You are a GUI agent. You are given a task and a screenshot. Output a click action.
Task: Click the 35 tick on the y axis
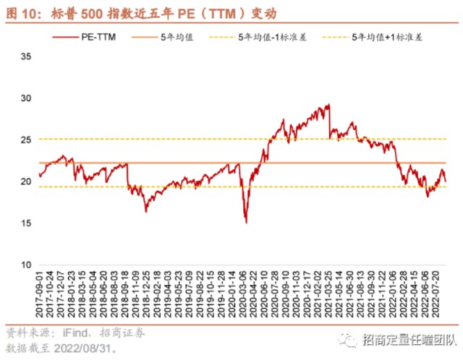click(25, 55)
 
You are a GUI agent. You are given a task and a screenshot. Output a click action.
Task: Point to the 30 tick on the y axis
click(25, 98)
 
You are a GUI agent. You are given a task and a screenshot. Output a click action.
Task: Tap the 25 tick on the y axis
click(25, 140)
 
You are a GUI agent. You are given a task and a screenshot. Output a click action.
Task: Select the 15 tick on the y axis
click(25, 223)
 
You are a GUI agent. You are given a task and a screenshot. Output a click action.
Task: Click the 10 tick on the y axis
click(25, 265)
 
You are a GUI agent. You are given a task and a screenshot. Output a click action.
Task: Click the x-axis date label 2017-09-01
click(38, 296)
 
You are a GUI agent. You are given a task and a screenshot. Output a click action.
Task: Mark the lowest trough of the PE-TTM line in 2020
click(246, 222)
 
